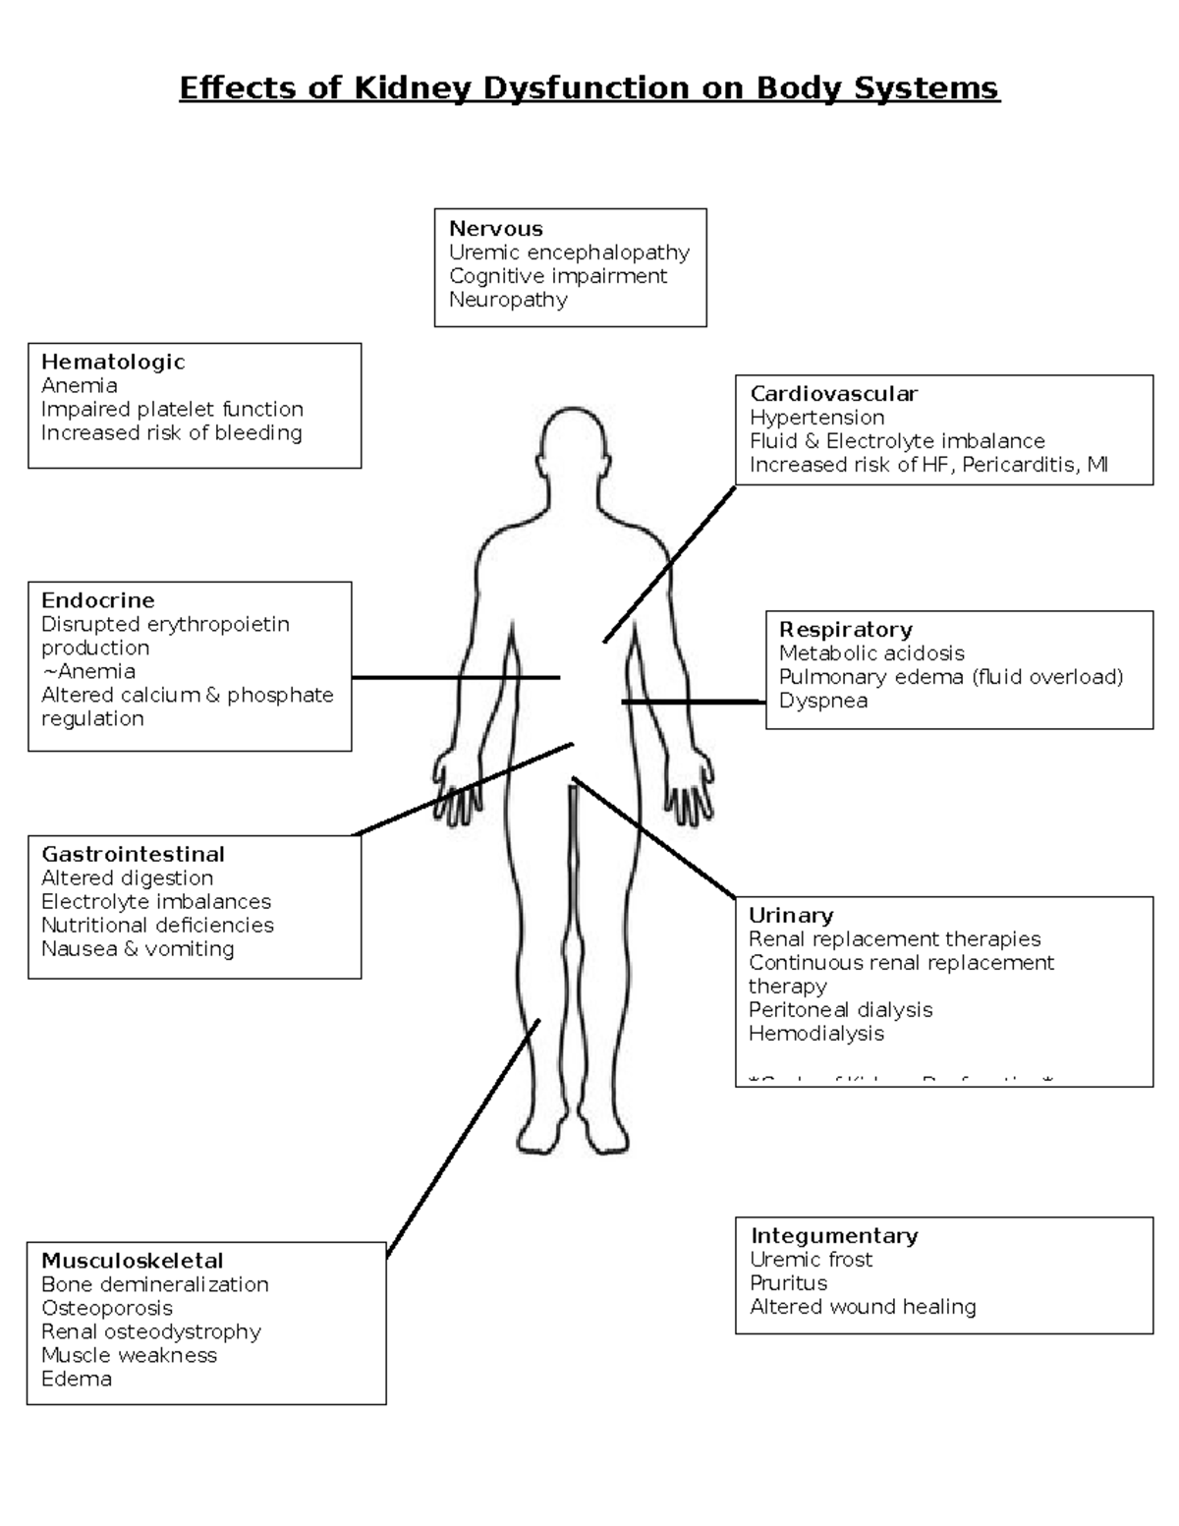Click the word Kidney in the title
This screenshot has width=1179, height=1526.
point(414,88)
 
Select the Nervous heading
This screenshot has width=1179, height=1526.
point(495,229)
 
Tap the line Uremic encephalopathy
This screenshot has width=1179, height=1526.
point(569,253)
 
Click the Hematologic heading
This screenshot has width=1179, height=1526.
point(113,362)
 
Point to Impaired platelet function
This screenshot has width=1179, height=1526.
point(172,409)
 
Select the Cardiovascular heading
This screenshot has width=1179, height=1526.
point(833,394)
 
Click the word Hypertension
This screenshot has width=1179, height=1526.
point(816,418)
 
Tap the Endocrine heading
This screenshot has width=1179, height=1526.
point(97,600)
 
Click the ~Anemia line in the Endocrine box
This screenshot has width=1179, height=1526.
point(88,671)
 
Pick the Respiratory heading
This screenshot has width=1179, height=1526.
point(845,630)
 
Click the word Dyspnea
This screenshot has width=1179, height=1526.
point(822,701)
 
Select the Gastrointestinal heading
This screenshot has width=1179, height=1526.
point(133,854)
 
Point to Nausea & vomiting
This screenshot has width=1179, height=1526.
point(138,948)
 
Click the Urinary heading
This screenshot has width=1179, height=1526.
point(790,915)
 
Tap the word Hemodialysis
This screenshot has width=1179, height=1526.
point(815,1033)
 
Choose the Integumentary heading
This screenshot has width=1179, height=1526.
point(834,1235)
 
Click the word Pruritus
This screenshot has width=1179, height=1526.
point(788,1282)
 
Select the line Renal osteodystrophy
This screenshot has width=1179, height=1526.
point(151,1331)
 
